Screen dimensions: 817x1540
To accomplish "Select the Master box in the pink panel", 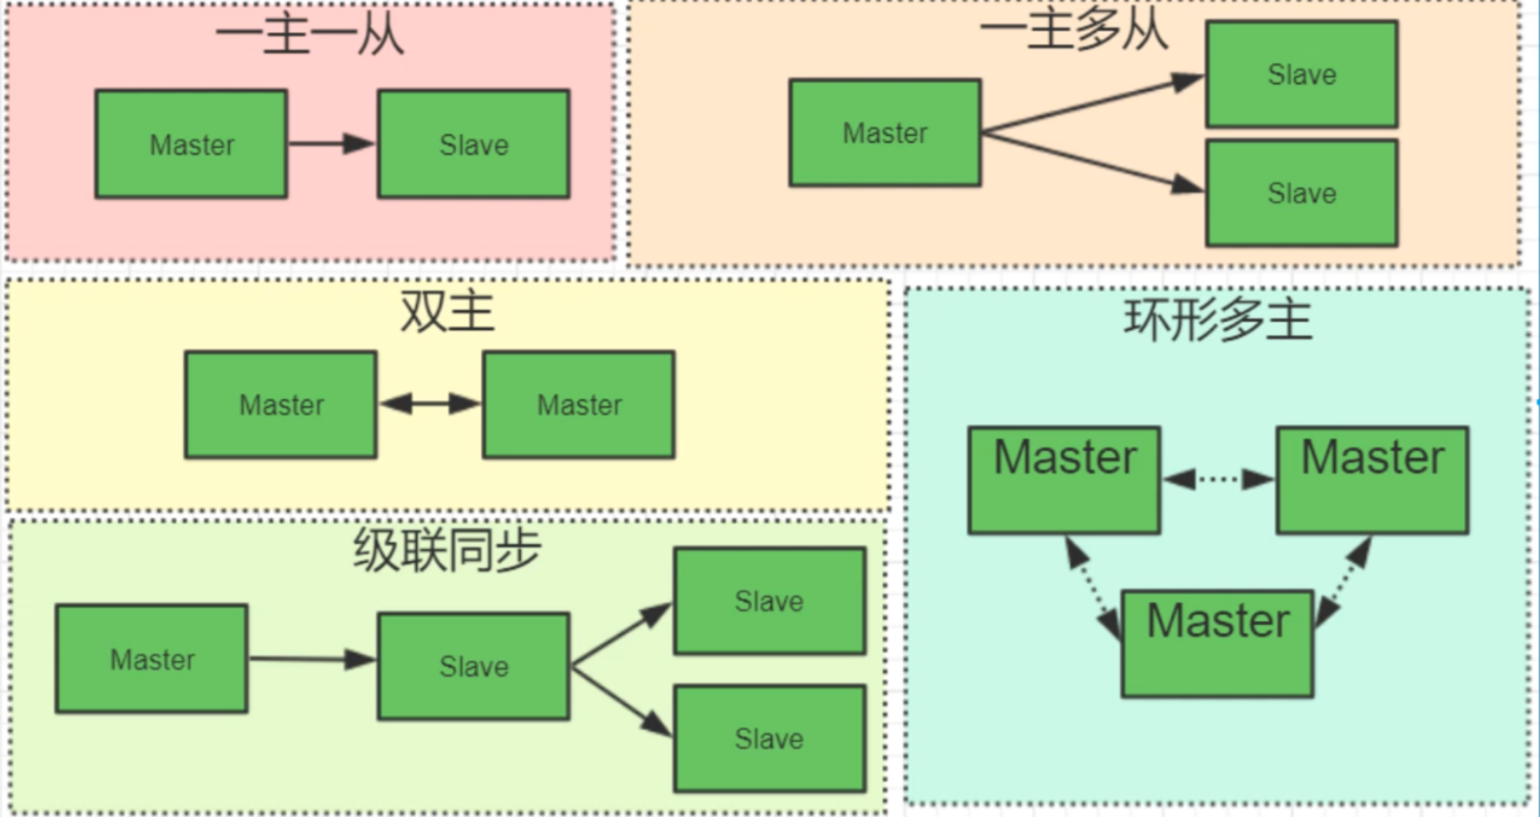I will pyautogui.click(x=191, y=144).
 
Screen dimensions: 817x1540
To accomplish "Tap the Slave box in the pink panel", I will pyautogui.click(x=474, y=144).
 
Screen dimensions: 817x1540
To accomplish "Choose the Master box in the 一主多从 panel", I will pyautogui.click(x=885, y=133).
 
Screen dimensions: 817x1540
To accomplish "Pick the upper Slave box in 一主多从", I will pyautogui.click(x=1301, y=74).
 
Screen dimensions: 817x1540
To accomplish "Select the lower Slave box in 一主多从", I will pyautogui.click(x=1301, y=193).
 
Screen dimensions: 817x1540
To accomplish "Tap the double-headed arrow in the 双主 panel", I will pyautogui.click(x=430, y=403).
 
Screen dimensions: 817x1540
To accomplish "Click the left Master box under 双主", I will pyautogui.click(x=281, y=405).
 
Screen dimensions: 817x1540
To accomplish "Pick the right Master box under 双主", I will pyautogui.click(x=579, y=405).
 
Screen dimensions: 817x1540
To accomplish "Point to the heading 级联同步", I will pyautogui.click(x=446, y=550).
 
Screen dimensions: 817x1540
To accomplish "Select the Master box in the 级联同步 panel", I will pyautogui.click(x=152, y=659).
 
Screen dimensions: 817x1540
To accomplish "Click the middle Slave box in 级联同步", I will pyautogui.click(x=474, y=666).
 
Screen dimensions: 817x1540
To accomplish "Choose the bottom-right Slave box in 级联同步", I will pyautogui.click(x=769, y=739).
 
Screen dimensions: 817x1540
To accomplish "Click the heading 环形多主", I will pyautogui.click(x=1217, y=320).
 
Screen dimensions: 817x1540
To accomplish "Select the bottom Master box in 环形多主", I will pyautogui.click(x=1217, y=643).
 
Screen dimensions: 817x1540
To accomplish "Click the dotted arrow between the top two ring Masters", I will pyautogui.click(x=1218, y=479).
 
